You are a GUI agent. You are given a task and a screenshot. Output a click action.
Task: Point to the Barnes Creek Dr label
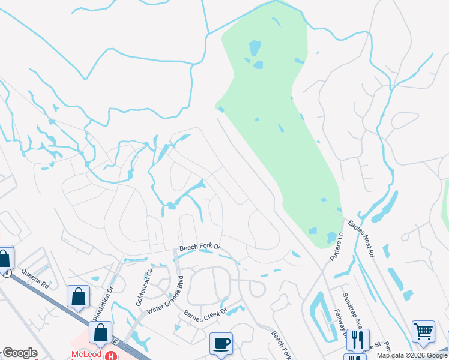pyautogui.click(x=206, y=314)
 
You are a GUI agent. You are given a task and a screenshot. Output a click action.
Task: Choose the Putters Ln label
pyautogui.click(x=336, y=247)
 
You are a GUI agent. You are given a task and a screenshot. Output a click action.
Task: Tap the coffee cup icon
pyautogui.click(x=221, y=343)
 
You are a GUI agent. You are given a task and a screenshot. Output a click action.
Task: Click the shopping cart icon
pyautogui.click(x=423, y=331)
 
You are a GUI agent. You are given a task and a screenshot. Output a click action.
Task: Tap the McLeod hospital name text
pyautogui.click(x=85, y=355)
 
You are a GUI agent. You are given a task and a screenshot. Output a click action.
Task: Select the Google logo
pyautogui.click(x=19, y=353)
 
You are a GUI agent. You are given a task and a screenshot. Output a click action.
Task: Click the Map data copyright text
pyautogui.click(x=412, y=355)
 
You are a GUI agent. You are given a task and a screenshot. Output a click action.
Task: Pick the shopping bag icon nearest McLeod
pyautogui.click(x=100, y=332)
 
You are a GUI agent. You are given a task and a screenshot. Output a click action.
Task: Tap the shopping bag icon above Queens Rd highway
pyautogui.click(x=79, y=296)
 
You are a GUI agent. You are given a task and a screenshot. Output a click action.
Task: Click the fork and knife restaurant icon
pyautogui.click(x=358, y=340)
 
